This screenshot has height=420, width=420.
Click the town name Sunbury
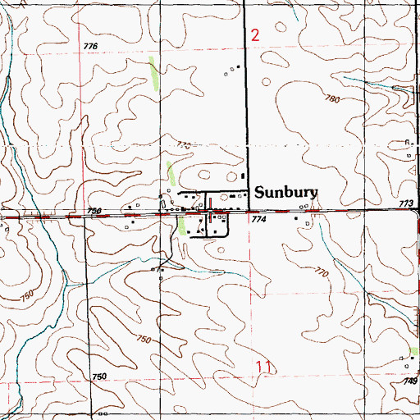point(285,194)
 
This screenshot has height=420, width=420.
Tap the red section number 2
point(255,35)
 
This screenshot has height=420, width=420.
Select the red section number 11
point(262,367)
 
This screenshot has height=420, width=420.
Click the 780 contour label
point(331,99)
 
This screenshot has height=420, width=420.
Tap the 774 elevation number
point(259,220)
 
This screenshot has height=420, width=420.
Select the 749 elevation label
point(410,382)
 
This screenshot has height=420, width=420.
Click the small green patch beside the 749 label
point(415,351)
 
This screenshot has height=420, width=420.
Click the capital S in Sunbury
point(261,193)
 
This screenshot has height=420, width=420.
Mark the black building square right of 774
point(296,219)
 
